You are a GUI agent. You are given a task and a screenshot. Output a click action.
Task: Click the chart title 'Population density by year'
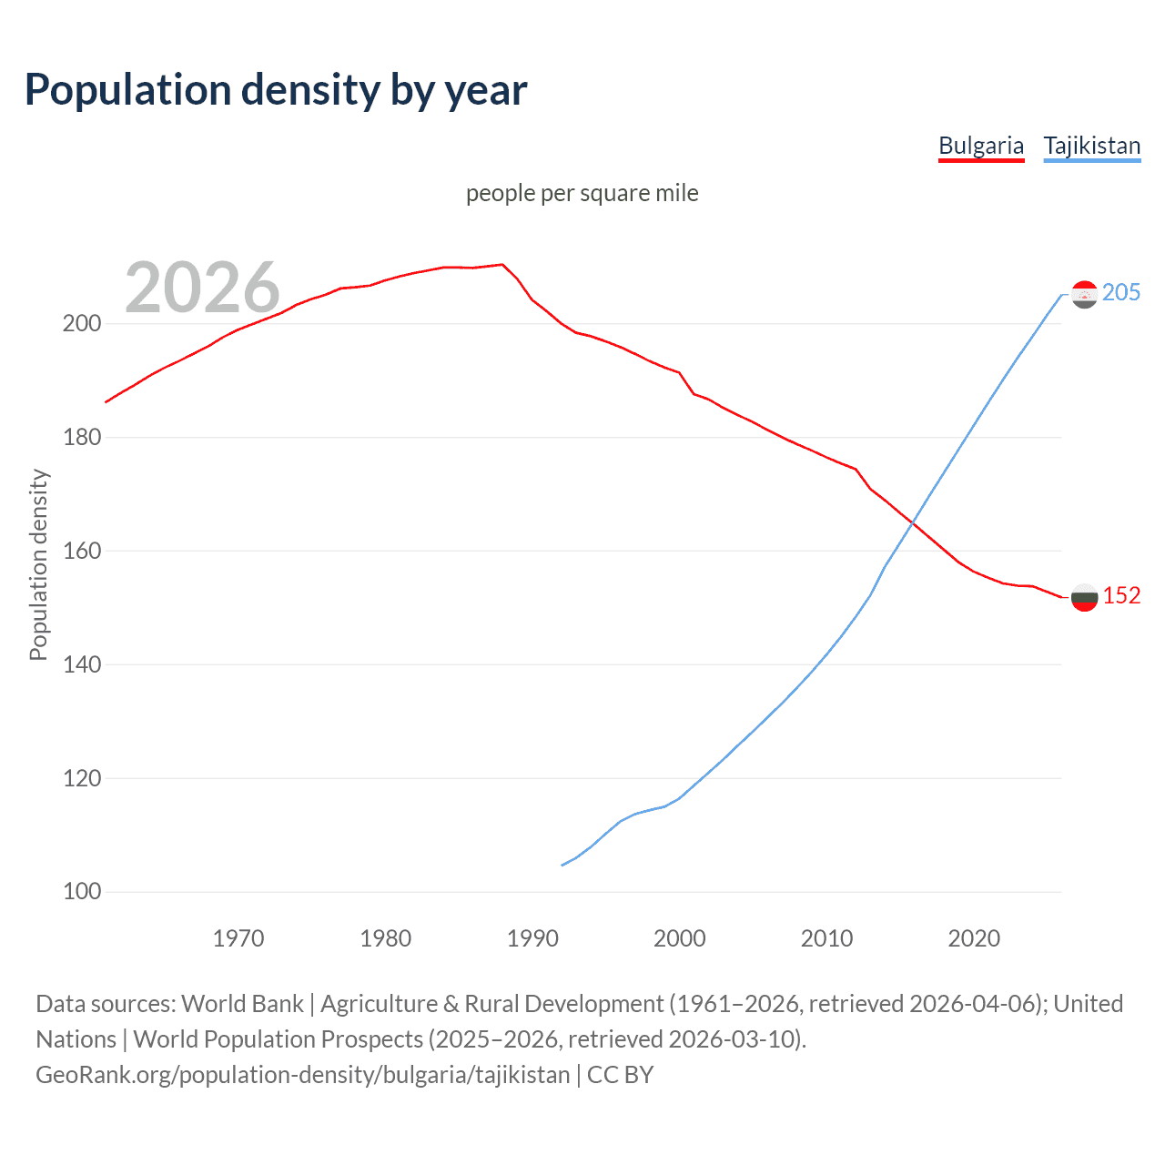coord(276,90)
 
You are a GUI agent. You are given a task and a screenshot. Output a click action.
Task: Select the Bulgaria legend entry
coord(980,146)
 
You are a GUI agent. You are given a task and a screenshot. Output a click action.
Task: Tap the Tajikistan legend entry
coord(1091,146)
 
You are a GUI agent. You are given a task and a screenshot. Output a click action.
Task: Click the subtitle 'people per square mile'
coord(582,193)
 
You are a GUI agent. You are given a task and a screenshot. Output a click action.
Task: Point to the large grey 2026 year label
coord(202,288)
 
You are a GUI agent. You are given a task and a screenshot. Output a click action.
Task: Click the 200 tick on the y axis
coord(81,324)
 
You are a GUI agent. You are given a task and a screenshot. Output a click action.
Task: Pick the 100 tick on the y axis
coord(81,892)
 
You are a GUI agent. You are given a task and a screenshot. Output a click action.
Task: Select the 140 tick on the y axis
coord(81,664)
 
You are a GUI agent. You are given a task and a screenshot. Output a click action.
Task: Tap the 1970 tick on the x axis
coord(238,938)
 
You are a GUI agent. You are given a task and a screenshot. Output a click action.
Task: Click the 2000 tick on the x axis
coord(680,938)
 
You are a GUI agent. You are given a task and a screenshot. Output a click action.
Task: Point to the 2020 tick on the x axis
coord(974,938)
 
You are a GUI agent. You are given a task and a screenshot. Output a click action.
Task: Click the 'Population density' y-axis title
coord(38,564)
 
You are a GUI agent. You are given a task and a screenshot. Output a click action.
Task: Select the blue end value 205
coord(1121,292)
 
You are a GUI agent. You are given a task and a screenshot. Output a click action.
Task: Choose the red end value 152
coord(1121,595)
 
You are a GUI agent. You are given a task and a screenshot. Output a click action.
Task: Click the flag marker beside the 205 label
coord(1084,294)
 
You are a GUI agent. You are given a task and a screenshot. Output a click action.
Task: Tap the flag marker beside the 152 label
coord(1084,597)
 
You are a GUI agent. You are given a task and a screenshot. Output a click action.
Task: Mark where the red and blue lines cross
coord(913,522)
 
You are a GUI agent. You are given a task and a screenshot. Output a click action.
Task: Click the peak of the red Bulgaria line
coord(502,264)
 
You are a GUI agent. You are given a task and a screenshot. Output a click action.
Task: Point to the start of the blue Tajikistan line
coord(562,865)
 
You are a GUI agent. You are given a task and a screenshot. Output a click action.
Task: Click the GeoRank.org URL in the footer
coord(303,1075)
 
